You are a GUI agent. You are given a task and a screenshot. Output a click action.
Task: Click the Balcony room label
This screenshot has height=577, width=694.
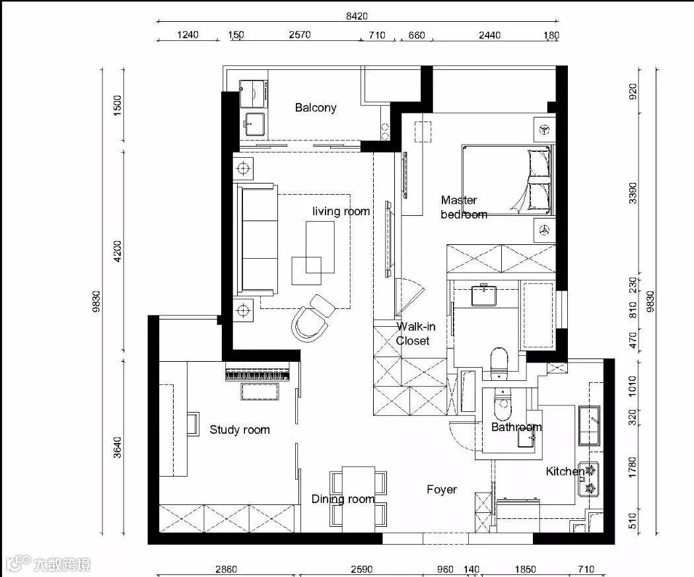pos(316,108)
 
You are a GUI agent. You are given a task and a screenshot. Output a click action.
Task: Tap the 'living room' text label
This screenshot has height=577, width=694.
pos(341,211)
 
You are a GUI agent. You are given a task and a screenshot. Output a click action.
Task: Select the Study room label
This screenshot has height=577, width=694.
pos(240,430)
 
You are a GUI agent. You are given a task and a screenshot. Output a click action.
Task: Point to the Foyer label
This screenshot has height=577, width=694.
pos(442,489)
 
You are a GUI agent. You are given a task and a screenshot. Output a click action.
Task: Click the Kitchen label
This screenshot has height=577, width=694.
pos(565,471)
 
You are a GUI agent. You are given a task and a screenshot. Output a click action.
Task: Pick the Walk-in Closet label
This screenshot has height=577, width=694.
pos(415,333)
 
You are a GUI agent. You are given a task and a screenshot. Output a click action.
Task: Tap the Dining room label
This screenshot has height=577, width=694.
pos(343,499)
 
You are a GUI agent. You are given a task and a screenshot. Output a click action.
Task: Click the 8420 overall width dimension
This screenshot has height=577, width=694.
pos(357,16)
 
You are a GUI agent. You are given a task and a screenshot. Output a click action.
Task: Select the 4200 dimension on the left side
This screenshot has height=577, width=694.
pos(118,251)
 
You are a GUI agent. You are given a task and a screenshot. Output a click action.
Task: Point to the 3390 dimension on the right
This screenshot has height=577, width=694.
pos(633,193)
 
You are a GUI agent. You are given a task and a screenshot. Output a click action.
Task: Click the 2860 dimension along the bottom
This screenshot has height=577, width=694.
pos(226,569)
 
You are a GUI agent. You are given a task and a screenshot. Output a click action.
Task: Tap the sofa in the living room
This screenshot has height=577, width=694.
pos(257,240)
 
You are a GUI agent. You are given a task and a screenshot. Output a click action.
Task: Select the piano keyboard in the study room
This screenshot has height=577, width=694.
pos(258,374)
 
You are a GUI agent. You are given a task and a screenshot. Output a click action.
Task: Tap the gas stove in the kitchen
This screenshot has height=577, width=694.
pos(589,479)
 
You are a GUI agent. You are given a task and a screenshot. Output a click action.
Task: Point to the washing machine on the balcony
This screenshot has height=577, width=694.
pos(254,94)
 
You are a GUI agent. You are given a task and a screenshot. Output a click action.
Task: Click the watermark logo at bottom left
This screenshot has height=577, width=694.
pos(46,564)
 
